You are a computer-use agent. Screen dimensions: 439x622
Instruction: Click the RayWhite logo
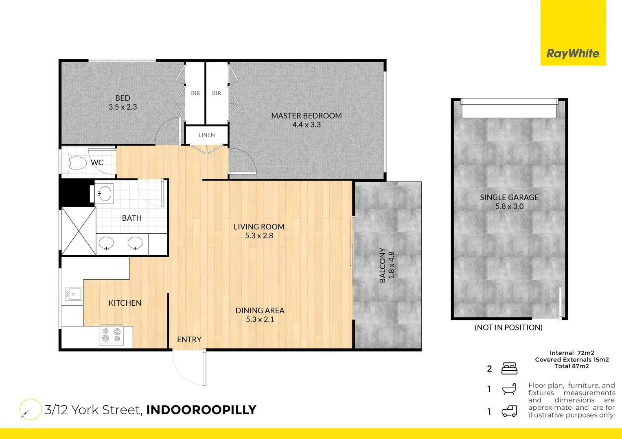[x=573, y=53]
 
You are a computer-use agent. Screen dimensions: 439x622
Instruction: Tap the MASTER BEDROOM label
[x=306, y=116]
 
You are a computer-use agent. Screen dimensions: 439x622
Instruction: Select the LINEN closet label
[x=206, y=135]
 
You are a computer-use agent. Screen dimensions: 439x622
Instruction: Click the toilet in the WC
[x=75, y=163]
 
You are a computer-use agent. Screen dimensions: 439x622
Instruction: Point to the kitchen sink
[x=74, y=293]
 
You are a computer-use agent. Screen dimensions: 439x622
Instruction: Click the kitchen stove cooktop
[x=112, y=335]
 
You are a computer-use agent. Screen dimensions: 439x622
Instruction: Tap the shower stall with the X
[x=79, y=231]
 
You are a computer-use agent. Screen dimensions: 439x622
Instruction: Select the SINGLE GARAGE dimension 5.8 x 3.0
[x=509, y=206]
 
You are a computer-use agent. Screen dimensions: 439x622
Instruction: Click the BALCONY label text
[x=382, y=265]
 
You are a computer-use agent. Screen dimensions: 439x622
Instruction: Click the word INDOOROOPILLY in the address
[x=201, y=410]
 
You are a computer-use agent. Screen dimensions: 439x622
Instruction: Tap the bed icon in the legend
[x=509, y=368]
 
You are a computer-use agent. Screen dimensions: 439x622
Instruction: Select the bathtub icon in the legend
[x=509, y=389]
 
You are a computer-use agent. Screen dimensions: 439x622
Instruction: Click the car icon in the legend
[x=509, y=411]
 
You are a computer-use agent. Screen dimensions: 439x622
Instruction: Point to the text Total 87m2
[x=572, y=366]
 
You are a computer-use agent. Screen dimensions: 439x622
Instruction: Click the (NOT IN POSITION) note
[x=508, y=328]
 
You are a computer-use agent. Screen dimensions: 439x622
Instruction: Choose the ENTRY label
[x=189, y=339]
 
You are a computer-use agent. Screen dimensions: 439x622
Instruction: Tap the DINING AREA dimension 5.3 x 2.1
[x=260, y=319]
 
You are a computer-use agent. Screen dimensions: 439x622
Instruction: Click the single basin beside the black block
[x=105, y=193]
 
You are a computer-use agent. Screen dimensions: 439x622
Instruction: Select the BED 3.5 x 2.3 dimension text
[x=123, y=107]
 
